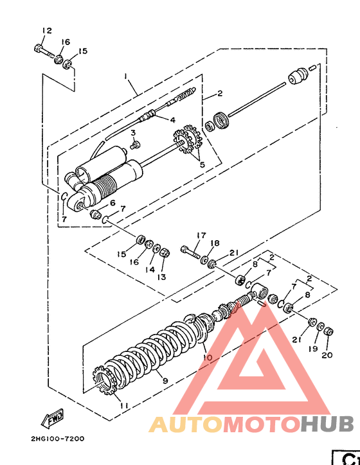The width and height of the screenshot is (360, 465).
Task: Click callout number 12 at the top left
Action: pyautogui.click(x=46, y=30)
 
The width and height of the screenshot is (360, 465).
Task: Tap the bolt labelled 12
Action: pyautogui.click(x=44, y=51)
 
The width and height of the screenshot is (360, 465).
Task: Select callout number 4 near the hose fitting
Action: pyautogui.click(x=172, y=119)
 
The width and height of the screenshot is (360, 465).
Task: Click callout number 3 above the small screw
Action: pyautogui.click(x=133, y=132)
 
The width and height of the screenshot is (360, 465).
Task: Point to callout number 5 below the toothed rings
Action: pyautogui.click(x=202, y=164)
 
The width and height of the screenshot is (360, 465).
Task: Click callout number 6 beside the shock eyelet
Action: pyautogui.click(x=113, y=203)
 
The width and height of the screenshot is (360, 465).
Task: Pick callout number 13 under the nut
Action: pyautogui.click(x=161, y=277)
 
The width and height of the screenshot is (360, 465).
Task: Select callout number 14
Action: pyautogui.click(x=150, y=269)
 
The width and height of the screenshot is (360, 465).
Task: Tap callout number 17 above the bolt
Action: pyautogui.click(x=201, y=235)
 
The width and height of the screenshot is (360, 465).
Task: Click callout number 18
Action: pyautogui.click(x=215, y=243)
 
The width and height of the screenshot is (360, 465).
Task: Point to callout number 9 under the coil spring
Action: pyautogui.click(x=165, y=380)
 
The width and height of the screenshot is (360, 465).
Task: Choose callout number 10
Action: pyautogui.click(x=208, y=357)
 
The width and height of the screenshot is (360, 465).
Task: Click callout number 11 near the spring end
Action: pyautogui.click(x=124, y=405)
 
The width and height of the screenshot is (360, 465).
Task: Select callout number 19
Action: pyautogui.click(x=313, y=349)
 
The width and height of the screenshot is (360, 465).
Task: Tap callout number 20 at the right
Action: pyautogui.click(x=327, y=355)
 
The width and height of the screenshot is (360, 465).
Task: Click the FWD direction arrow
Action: pyautogui.click(x=52, y=418)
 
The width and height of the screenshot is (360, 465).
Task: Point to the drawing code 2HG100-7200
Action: pyautogui.click(x=58, y=438)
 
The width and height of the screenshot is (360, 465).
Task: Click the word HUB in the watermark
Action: pyautogui.click(x=327, y=424)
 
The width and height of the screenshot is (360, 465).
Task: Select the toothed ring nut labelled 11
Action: pyautogui.click(x=105, y=380)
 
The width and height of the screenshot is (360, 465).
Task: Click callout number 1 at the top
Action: pyautogui.click(x=126, y=76)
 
